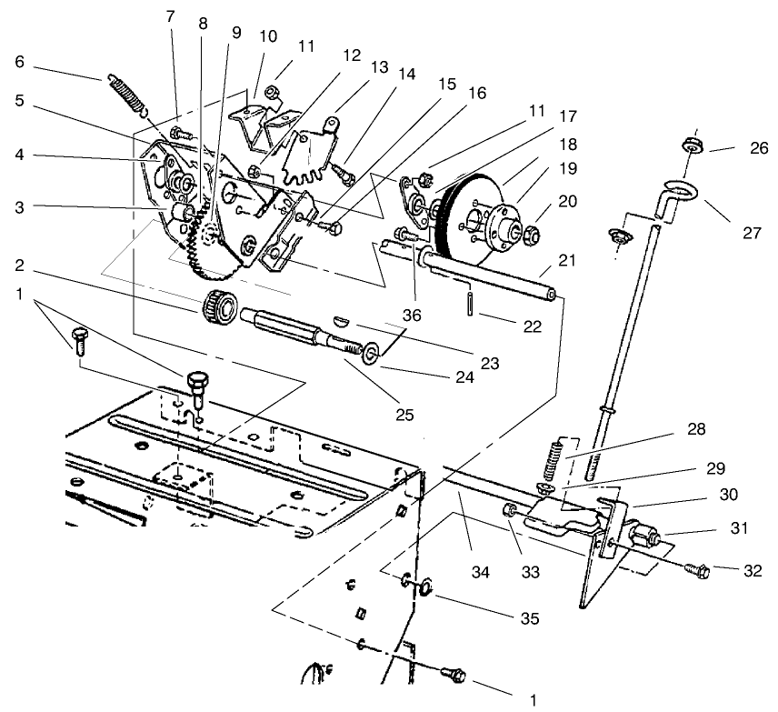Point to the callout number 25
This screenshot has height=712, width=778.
404,415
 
